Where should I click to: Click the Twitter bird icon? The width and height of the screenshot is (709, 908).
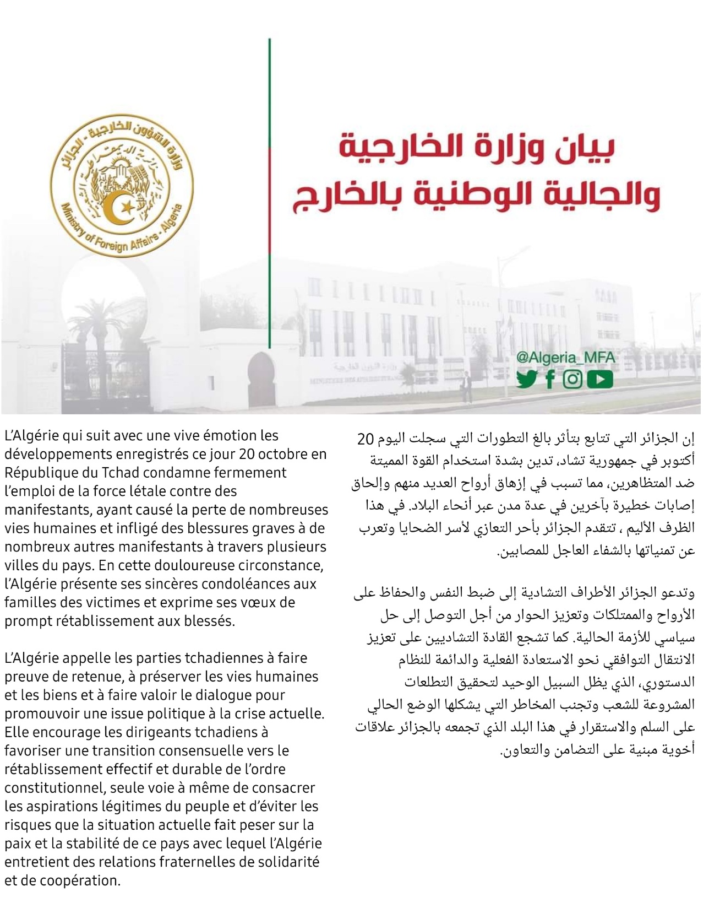(x=527, y=380)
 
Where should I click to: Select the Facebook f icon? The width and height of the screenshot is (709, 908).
(x=550, y=380)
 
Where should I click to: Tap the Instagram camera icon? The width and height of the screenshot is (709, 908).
(x=572, y=380)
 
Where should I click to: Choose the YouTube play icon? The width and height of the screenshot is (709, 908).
(x=599, y=380)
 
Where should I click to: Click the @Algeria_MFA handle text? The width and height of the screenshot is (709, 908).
(x=566, y=358)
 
